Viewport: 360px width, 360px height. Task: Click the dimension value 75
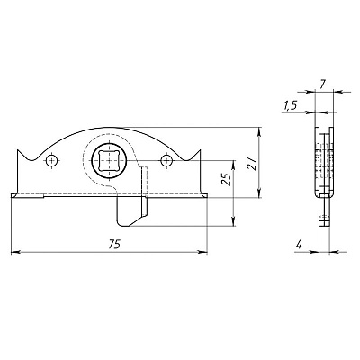pyautogui.click(x=114, y=245)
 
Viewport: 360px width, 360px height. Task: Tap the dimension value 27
pyautogui.click(x=253, y=164)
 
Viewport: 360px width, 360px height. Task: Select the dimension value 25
pyautogui.click(x=228, y=179)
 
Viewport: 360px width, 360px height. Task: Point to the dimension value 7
pyautogui.click(x=322, y=85)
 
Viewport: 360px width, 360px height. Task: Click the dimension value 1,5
pyautogui.click(x=290, y=105)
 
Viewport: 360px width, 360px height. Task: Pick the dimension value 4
pyautogui.click(x=299, y=245)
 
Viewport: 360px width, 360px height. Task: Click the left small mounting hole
pyautogui.click(x=52, y=160)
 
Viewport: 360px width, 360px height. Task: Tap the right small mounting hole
pyautogui.click(x=166, y=161)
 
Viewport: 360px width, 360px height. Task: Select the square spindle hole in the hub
pyautogui.click(x=108, y=161)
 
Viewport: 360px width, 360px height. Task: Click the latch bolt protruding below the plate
pyautogui.click(x=131, y=211)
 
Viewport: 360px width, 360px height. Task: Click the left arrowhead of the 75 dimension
pyautogui.click(x=14, y=252)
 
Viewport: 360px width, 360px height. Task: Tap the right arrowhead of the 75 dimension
pyautogui.click(x=203, y=252)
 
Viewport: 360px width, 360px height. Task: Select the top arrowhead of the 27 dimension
pyautogui.click(x=259, y=131)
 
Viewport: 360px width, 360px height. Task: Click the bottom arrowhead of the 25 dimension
pyautogui.click(x=234, y=222)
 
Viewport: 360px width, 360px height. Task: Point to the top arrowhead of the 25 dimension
pyautogui.click(x=234, y=165)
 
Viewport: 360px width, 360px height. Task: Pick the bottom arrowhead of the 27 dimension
pyautogui.click(x=259, y=193)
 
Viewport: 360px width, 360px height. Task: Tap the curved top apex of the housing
pyautogui.click(x=109, y=128)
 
